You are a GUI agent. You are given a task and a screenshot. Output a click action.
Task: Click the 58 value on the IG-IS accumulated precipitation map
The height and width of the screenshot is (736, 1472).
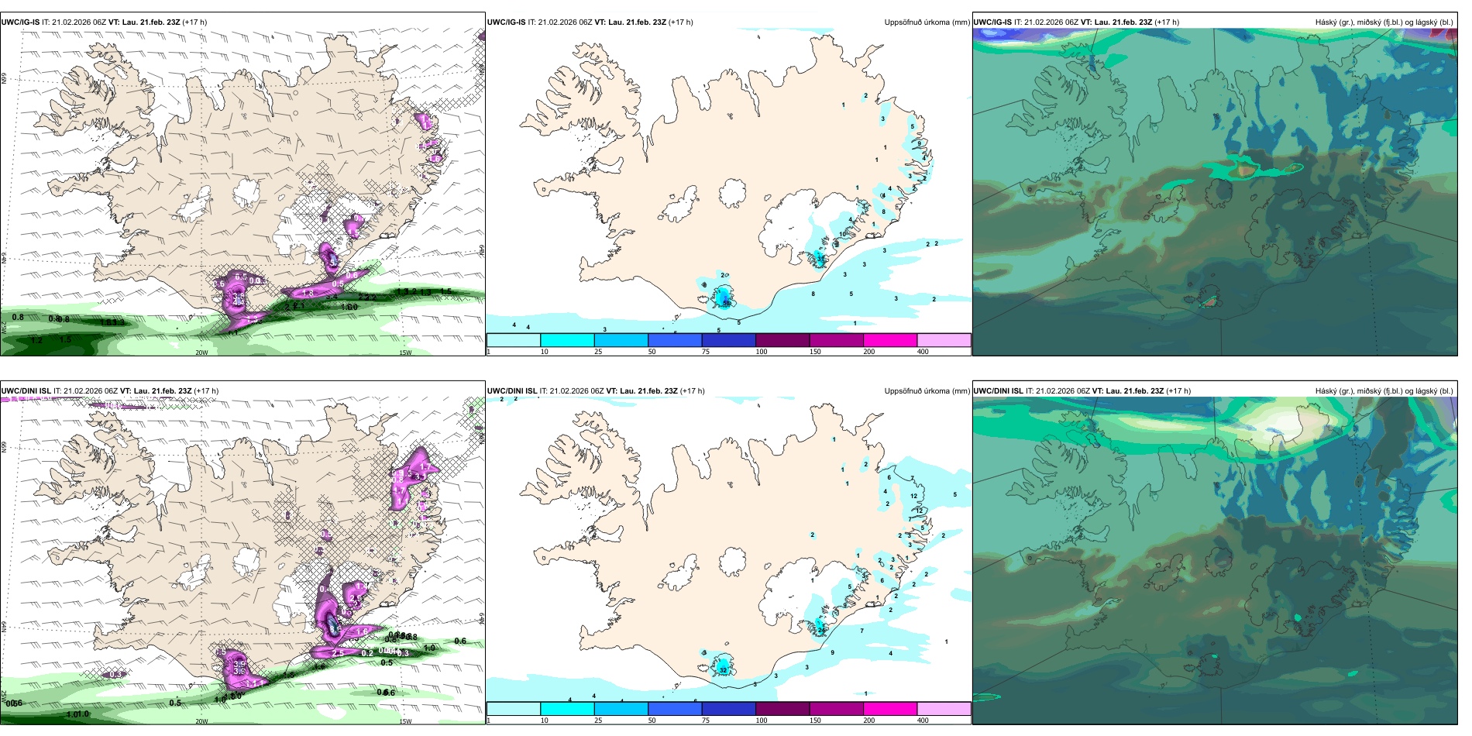pos(726,303)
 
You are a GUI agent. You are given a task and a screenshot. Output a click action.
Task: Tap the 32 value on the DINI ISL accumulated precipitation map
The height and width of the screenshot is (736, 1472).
pos(723,669)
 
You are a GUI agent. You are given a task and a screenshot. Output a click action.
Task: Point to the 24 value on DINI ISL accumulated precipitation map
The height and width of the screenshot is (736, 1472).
pos(820,631)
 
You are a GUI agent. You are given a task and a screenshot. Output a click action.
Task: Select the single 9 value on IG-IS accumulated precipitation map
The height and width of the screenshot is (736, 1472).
pos(919,143)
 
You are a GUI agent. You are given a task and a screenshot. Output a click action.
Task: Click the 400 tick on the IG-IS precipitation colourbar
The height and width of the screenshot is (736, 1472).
pos(923,352)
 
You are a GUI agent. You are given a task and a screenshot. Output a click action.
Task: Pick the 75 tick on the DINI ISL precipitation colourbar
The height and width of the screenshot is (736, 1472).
pos(706,721)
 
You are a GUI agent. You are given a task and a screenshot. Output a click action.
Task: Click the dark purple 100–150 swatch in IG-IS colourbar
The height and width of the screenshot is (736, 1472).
pos(782,340)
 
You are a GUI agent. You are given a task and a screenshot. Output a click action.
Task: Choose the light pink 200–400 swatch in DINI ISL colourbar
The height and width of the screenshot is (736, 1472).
pos(944,709)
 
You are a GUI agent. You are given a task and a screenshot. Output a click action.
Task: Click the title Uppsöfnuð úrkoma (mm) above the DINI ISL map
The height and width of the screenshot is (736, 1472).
pos(927,391)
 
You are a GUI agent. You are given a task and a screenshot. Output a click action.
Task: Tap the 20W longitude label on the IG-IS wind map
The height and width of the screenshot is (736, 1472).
pos(201,353)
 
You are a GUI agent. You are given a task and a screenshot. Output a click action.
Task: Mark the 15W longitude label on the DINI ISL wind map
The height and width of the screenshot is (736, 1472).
pos(405,721)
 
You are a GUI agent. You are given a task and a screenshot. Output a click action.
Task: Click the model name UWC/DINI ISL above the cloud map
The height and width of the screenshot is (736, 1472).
pos(998,391)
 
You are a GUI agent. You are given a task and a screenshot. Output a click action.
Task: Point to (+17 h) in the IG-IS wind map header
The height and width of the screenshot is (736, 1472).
pos(194,22)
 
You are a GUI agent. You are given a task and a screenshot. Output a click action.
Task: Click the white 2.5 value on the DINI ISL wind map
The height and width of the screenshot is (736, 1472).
pos(338,654)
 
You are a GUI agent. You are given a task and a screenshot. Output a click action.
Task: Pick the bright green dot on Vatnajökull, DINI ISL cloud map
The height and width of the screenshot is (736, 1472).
pos(1298,617)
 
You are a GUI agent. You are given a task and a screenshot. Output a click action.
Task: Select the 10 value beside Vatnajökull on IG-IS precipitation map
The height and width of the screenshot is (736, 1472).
pos(843,234)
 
